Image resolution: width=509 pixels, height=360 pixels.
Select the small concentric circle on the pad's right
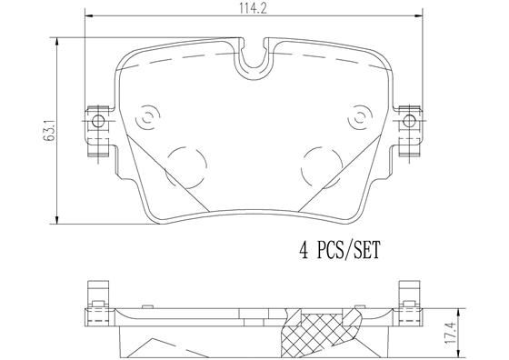tap(362, 117)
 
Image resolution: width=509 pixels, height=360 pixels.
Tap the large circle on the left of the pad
tap(187, 163)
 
